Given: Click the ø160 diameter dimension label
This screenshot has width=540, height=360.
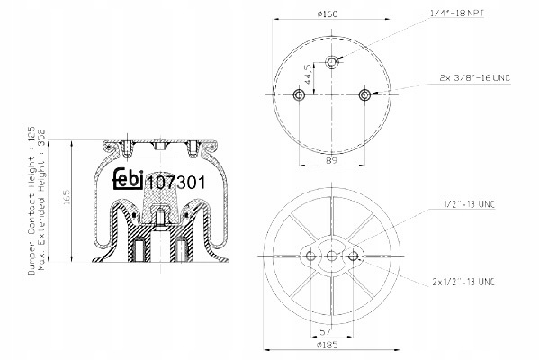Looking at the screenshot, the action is click(x=328, y=13).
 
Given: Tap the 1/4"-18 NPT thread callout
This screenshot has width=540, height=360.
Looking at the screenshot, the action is click(x=458, y=13).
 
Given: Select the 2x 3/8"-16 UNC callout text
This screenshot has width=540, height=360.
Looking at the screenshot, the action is click(x=475, y=78).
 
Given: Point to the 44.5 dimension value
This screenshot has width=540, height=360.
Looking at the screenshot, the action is click(x=308, y=74).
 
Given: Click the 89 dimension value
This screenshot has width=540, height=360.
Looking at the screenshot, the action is click(x=331, y=160).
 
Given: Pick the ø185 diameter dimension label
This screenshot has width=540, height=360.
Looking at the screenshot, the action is click(x=328, y=344).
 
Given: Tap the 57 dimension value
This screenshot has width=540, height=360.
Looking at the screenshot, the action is click(x=326, y=332).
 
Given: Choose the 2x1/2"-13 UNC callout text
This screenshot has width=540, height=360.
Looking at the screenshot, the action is click(x=463, y=282).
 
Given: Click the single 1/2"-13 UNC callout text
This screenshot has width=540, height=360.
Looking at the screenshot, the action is click(x=469, y=204).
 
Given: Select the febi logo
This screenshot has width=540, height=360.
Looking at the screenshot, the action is click(x=128, y=178).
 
